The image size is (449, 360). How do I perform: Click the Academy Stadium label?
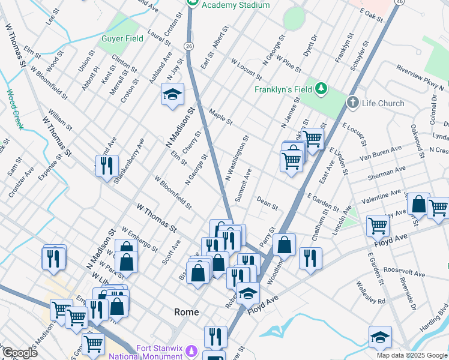tap(235, 5)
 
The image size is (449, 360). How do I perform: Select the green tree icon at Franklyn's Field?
tap(322, 89)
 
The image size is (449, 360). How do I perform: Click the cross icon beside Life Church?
tap(352, 103)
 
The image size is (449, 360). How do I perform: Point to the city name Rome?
tap(186, 312)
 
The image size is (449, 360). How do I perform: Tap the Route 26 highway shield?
tap(188, 46)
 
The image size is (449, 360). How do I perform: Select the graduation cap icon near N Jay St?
tap(172, 94)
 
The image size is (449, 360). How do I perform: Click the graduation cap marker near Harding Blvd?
tap(379, 338)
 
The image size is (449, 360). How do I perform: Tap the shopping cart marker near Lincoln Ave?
tap(378, 225)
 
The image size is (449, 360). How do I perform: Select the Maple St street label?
tap(221, 116)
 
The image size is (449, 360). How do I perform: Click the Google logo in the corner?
tap(20, 353)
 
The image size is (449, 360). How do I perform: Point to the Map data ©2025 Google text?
tap(411, 355)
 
